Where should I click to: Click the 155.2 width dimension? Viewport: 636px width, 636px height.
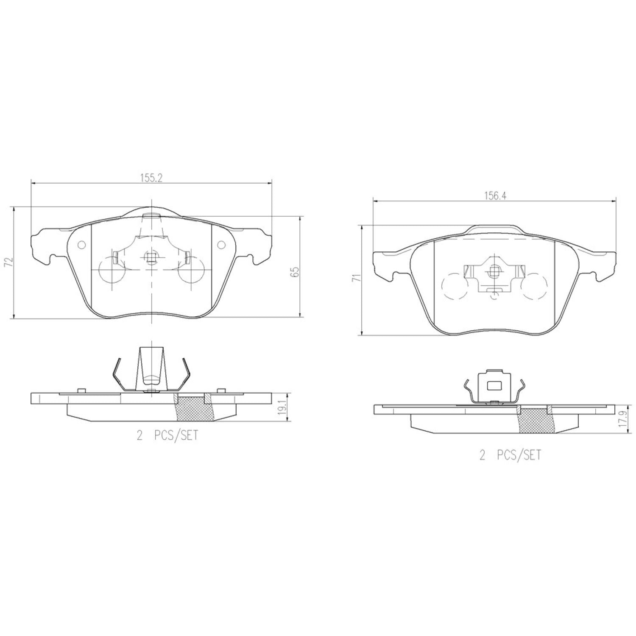152,179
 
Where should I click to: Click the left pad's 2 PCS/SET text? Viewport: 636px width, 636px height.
167,435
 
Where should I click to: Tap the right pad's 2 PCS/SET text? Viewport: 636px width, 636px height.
510,455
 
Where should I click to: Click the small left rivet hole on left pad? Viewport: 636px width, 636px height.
82,245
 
